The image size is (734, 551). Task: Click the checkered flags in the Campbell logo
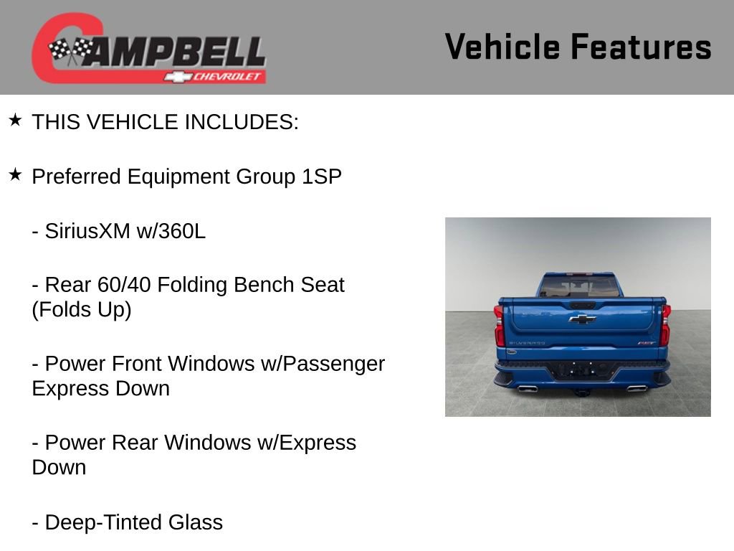pyautogui.click(x=71, y=50)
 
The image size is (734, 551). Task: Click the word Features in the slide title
pyautogui.click(x=641, y=47)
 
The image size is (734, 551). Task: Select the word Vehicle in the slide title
pyautogui.click(x=502, y=47)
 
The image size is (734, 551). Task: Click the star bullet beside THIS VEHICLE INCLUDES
pyautogui.click(x=15, y=120)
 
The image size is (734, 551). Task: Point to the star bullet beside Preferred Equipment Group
pyautogui.click(x=15, y=174)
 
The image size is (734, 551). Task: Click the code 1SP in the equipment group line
pyautogui.click(x=321, y=177)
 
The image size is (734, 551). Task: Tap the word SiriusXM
pyautogui.click(x=87, y=232)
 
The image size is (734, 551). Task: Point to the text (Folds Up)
pyautogui.click(x=82, y=311)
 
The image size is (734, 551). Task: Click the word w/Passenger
pyautogui.click(x=333, y=364)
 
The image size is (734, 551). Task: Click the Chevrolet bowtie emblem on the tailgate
pyautogui.click(x=582, y=319)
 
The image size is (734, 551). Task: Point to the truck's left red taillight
pyautogui.click(x=499, y=325)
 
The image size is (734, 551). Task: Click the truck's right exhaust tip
pyautogui.click(x=635, y=388)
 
